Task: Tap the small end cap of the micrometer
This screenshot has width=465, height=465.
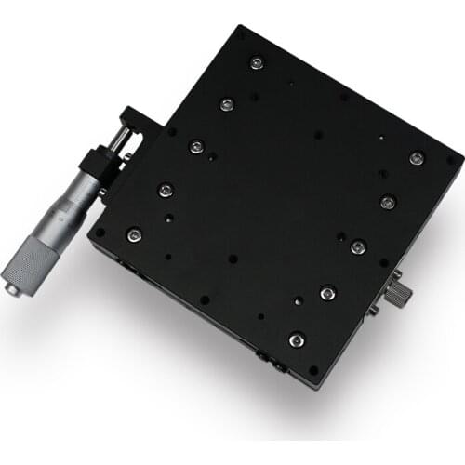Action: (x=12, y=289)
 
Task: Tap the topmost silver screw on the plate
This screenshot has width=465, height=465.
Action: (x=257, y=63)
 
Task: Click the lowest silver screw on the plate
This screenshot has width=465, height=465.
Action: (x=296, y=340)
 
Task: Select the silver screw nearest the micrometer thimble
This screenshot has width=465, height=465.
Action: (x=135, y=234)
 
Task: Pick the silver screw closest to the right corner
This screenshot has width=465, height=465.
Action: (x=416, y=159)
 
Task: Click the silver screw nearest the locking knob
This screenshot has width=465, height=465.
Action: (x=357, y=246)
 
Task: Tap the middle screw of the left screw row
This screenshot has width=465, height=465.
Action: (x=196, y=147)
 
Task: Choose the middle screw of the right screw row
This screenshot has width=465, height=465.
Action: (x=357, y=246)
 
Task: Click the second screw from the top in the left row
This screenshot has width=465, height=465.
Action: (x=226, y=104)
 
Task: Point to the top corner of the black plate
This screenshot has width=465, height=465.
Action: (x=241, y=28)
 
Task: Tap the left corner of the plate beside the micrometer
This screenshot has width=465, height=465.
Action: (x=91, y=236)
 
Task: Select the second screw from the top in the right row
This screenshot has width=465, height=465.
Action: (x=388, y=202)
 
